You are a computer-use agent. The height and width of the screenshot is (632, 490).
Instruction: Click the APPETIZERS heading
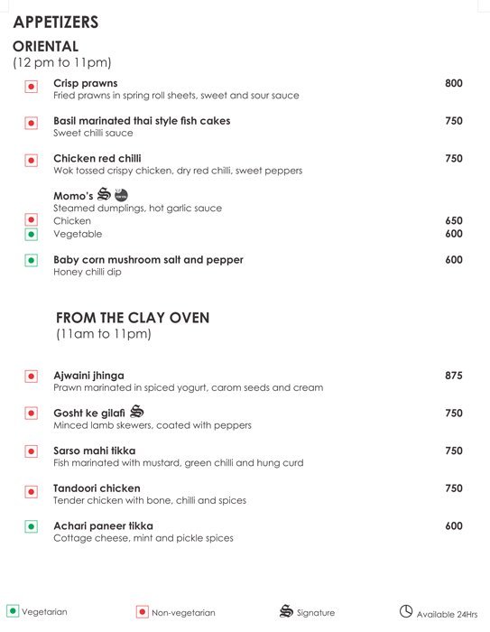56,22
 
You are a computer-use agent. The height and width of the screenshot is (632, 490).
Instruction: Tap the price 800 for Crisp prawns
453,83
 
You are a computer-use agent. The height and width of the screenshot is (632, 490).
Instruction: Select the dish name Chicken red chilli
97,158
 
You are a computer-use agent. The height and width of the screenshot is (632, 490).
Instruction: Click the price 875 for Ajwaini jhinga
453,376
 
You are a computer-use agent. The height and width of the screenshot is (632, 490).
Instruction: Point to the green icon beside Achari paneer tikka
31,526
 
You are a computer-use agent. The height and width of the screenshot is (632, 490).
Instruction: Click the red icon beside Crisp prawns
31,87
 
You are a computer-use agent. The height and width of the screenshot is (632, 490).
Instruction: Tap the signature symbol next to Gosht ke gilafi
138,412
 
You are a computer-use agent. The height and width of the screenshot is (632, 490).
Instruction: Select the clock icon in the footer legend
406,611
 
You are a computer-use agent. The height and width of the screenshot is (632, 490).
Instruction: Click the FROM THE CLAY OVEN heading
133,318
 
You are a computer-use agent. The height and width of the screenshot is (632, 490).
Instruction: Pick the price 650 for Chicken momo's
453,220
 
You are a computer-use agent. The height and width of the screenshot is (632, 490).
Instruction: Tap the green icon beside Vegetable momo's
31,235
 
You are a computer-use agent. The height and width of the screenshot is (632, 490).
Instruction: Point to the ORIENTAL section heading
46,45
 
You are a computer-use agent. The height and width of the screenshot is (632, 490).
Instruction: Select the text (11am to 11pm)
103,334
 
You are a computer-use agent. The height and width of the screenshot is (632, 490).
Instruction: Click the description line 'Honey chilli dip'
87,272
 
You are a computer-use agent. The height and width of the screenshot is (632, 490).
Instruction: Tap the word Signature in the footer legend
316,613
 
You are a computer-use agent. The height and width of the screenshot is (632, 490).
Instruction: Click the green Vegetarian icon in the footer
13,611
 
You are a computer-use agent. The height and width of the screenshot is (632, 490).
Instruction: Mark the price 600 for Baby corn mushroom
453,260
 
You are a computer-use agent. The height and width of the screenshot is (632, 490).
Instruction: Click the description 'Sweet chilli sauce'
93,133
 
